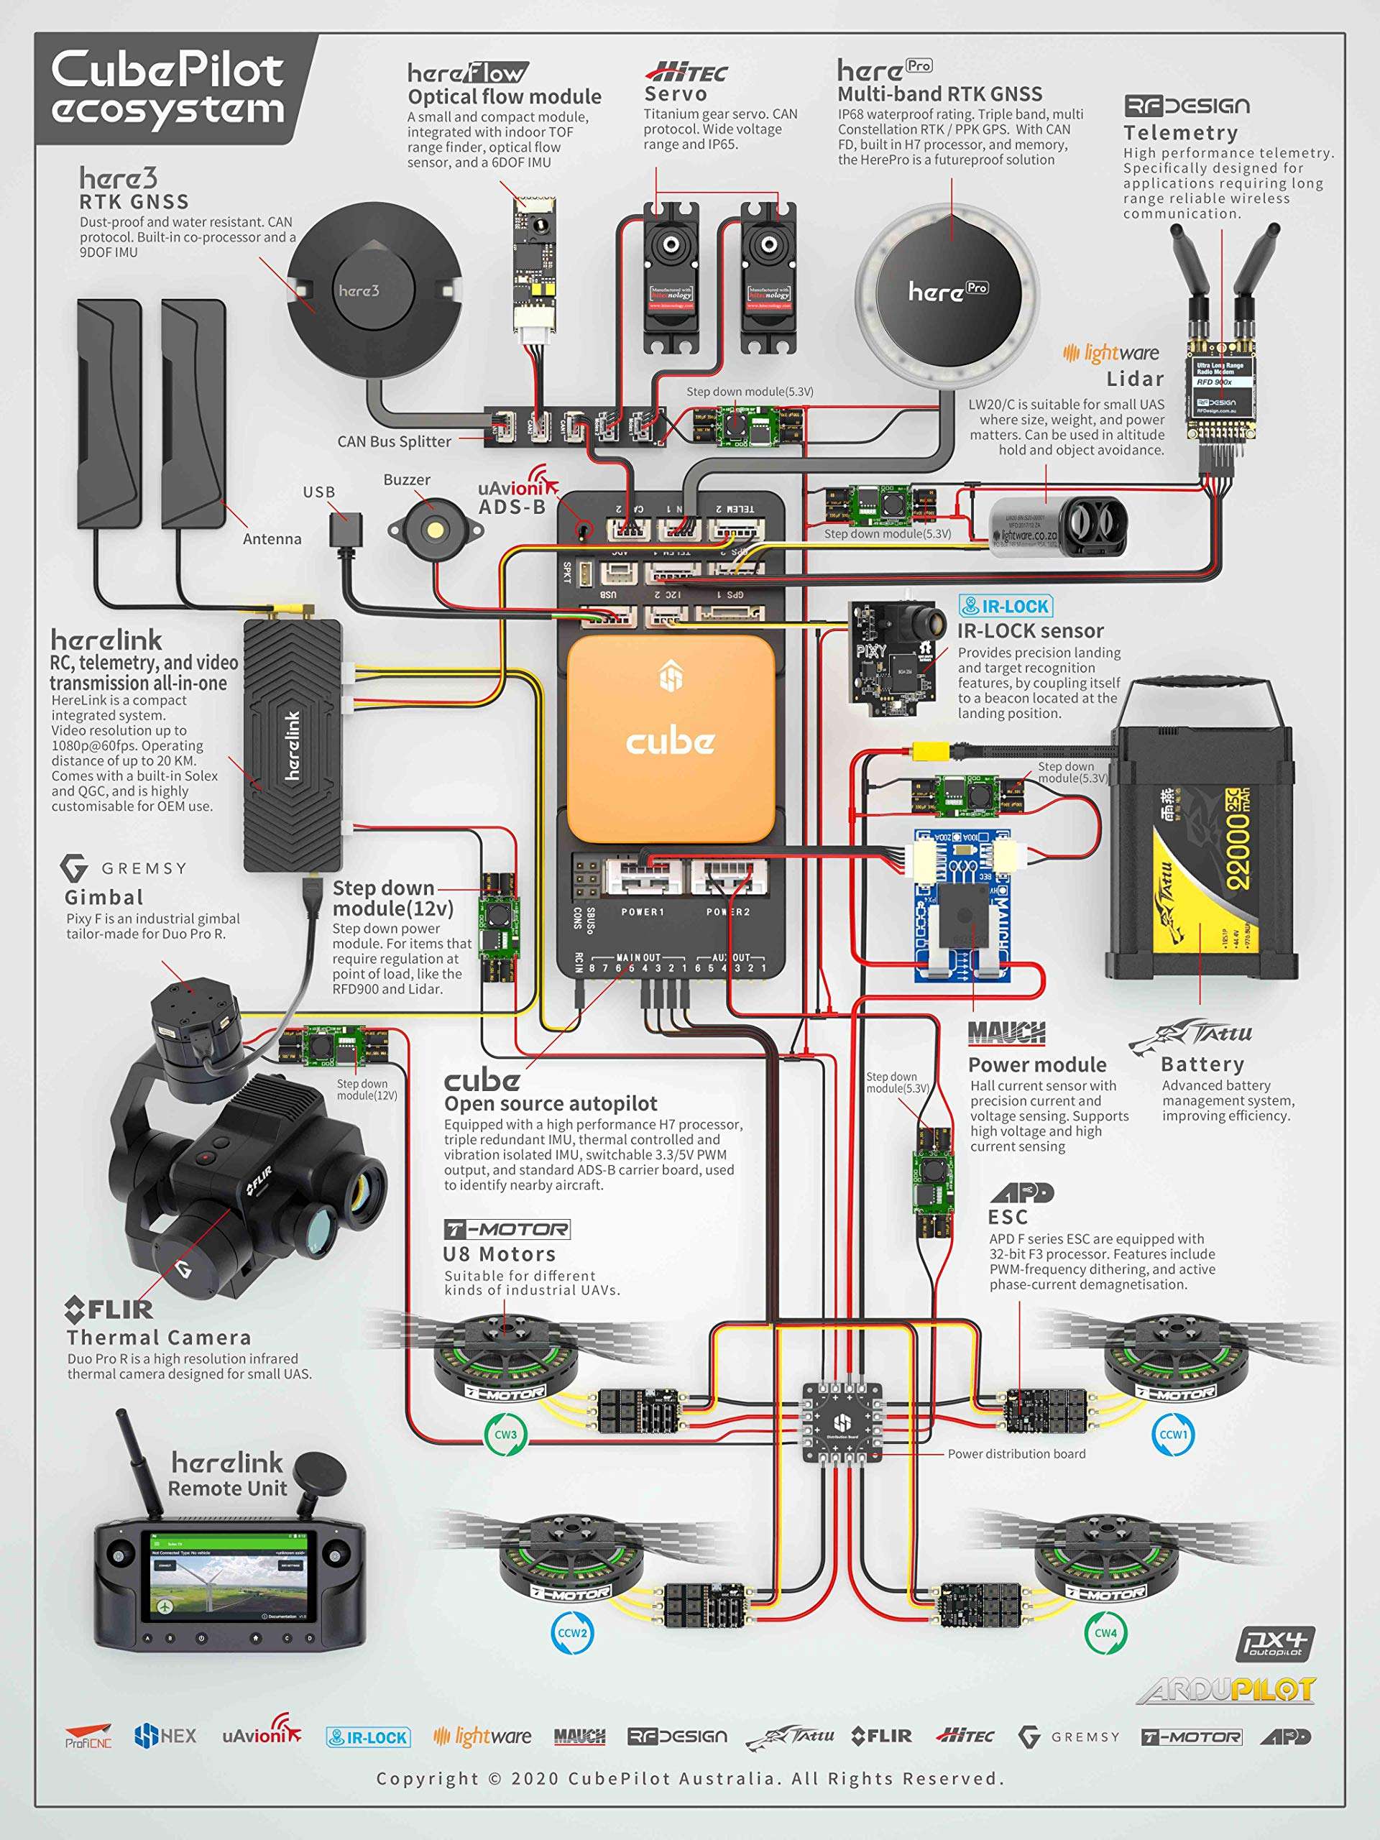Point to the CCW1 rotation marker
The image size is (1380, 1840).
coord(1174,1434)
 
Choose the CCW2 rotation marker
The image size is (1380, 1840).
coord(572,1632)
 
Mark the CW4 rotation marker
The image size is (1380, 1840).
coord(1105,1632)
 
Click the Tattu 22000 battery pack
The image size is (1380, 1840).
coord(1202,853)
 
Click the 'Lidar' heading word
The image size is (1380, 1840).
coord(1135,379)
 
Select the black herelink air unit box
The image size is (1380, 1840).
coord(293,745)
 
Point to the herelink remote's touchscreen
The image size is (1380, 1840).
coord(228,1587)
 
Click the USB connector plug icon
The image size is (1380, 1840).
coord(346,528)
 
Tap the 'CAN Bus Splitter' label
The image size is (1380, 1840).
coord(395,442)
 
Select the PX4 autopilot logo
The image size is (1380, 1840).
coord(1275,1644)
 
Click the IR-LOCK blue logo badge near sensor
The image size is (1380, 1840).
coord(1005,607)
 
